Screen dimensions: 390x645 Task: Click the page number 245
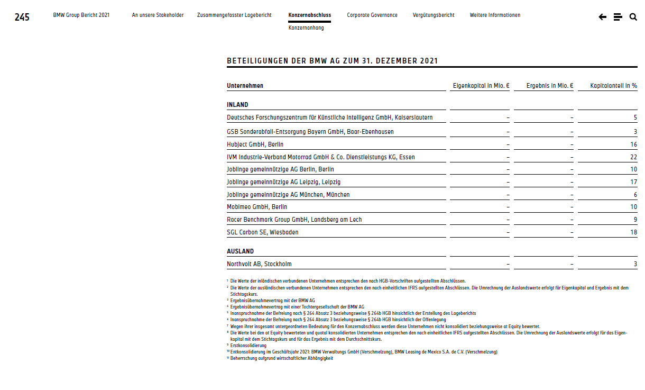click(22, 17)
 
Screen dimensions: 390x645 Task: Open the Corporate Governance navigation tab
click(372, 15)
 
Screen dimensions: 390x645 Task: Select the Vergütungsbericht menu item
click(434, 15)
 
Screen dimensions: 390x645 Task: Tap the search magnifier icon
click(633, 17)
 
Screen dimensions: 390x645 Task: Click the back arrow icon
click(602, 17)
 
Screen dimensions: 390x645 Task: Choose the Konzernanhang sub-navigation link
click(306, 28)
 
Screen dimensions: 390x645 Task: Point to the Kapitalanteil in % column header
click(614, 86)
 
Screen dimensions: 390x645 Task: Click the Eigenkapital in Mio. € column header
click(481, 86)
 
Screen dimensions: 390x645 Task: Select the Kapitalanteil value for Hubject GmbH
click(634, 144)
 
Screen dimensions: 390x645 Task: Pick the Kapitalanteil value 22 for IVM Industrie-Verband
click(634, 157)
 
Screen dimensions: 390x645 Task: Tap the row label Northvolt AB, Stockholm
click(259, 264)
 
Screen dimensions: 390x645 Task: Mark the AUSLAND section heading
click(240, 251)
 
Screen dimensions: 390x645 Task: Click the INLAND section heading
click(237, 105)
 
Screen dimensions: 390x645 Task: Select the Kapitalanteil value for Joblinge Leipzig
click(634, 182)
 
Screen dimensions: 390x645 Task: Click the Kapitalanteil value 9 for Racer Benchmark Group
click(635, 220)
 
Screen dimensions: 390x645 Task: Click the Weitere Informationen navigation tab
click(495, 15)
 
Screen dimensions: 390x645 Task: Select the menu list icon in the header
click(618, 17)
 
